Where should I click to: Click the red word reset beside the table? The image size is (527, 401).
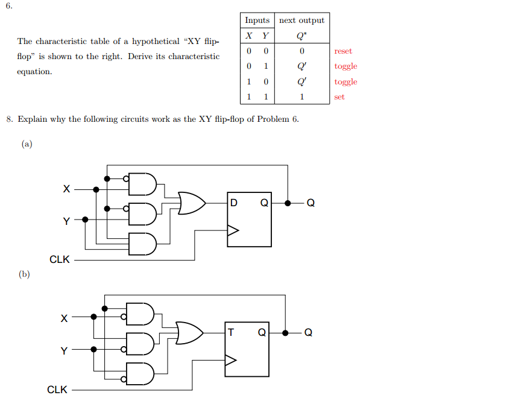(343, 51)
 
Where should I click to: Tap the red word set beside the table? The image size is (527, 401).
(339, 96)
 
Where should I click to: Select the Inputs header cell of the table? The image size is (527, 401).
(257, 20)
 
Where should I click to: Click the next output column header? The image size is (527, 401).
(301, 20)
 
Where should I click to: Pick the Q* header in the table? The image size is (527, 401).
(301, 35)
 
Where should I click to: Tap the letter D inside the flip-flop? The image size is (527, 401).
(234, 203)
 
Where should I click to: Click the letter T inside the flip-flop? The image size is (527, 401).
(232, 332)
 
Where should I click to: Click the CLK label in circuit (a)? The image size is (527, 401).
(60, 260)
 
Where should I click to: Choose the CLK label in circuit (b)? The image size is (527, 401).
(57, 390)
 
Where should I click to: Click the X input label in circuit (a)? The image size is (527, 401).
(66, 189)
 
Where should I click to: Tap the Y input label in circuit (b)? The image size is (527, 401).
(64, 350)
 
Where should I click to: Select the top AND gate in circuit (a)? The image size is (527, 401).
(144, 185)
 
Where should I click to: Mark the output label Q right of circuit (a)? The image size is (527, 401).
(311, 203)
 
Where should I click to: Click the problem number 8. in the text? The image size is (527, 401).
(10, 119)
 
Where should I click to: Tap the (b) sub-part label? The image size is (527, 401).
(24, 274)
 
